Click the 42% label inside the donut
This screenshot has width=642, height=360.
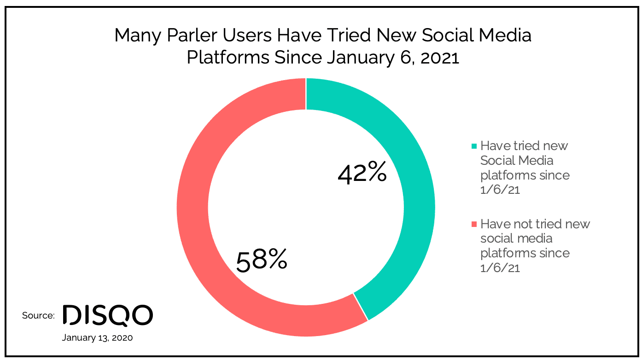coord(362,172)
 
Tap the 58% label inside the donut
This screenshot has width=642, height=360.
coord(262,260)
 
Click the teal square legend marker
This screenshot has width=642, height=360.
coord(474,146)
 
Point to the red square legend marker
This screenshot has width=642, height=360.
coord(474,224)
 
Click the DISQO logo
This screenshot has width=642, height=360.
coord(108,315)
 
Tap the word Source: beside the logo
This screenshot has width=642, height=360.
coord(38,315)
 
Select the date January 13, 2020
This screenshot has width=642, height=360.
coord(98,337)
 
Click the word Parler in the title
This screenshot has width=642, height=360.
coord(192,35)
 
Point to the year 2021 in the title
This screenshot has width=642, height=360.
coord(440,58)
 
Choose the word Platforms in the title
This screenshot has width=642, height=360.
coord(228,58)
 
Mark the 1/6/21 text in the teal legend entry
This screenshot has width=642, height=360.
coord(500,190)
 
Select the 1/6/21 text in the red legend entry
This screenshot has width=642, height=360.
coord(500,268)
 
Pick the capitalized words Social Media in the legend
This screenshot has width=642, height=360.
coord(517,160)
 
